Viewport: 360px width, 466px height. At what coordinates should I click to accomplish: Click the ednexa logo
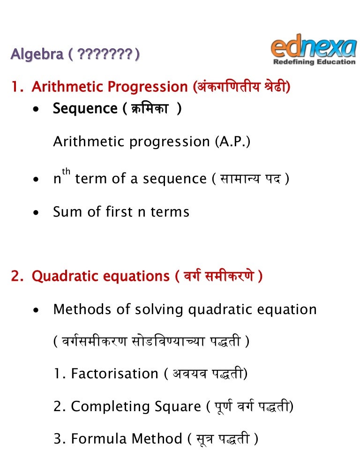[313, 48]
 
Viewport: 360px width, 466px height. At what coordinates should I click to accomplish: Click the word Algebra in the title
[37, 55]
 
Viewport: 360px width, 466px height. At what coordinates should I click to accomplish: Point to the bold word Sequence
[85, 109]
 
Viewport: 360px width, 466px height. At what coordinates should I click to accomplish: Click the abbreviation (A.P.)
[233, 142]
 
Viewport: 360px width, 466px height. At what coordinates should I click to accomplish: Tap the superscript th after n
[66, 172]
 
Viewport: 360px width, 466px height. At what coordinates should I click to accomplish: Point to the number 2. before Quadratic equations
[17, 277]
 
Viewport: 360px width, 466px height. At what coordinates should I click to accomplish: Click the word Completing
[110, 406]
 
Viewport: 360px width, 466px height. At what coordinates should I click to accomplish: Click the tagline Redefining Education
[314, 61]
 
